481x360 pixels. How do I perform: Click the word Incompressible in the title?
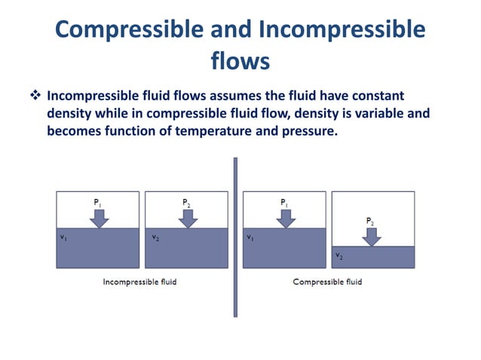pyautogui.click(x=341, y=31)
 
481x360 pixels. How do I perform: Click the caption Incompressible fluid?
pyautogui.click(x=139, y=282)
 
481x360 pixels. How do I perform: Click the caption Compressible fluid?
pyautogui.click(x=327, y=282)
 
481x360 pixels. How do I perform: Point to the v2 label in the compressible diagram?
pyautogui.click(x=339, y=257)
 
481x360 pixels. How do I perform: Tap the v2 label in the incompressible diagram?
pyautogui.click(x=154, y=237)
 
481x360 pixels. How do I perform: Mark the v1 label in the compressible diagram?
pyautogui.click(x=250, y=237)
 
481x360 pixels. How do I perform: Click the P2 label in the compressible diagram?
pyautogui.click(x=370, y=221)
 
